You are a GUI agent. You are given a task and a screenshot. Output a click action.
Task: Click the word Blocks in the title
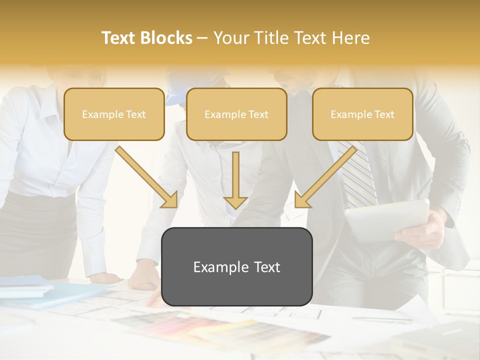(x=167, y=38)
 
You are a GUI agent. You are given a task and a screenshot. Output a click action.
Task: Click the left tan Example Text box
(x=114, y=114)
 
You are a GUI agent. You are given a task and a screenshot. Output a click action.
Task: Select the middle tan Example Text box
(x=236, y=114)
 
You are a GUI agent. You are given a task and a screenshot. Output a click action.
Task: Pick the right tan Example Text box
(x=362, y=114)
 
